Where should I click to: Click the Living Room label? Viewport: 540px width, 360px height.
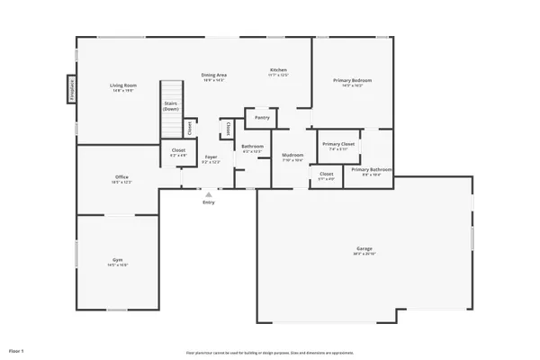122,85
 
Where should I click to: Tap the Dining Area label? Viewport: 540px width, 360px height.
212,76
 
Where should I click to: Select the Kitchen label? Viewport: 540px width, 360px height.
278,70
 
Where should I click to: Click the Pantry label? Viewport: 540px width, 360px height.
263,117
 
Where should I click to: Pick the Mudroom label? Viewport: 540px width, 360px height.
292,155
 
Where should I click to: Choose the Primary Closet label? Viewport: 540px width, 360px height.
338,143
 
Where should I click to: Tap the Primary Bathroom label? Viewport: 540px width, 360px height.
371,169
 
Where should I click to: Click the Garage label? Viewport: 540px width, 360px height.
364,248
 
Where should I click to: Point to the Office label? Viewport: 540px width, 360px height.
121,177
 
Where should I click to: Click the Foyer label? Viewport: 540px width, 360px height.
210,157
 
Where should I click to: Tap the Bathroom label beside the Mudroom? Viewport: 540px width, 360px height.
253,146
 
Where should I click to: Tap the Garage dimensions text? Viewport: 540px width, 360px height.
364,254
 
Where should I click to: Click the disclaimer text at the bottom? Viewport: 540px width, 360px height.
269,352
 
